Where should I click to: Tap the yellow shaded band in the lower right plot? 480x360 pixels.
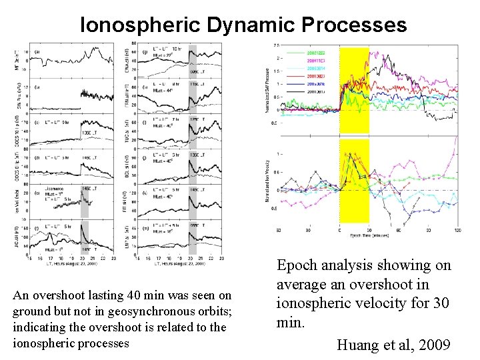point(353,180)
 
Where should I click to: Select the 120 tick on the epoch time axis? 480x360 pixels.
point(456,231)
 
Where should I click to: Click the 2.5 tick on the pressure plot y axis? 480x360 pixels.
point(276,45)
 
